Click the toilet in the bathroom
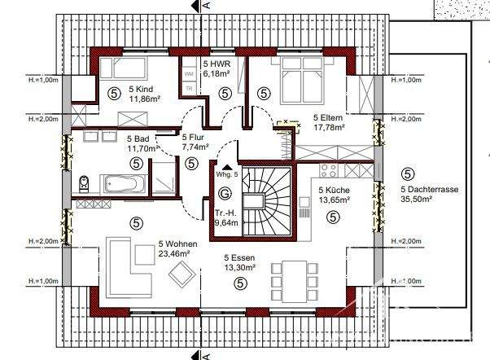coord(83,182)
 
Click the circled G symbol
coord(225,194)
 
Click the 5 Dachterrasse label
coord(429,189)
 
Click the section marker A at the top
coord(207,6)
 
